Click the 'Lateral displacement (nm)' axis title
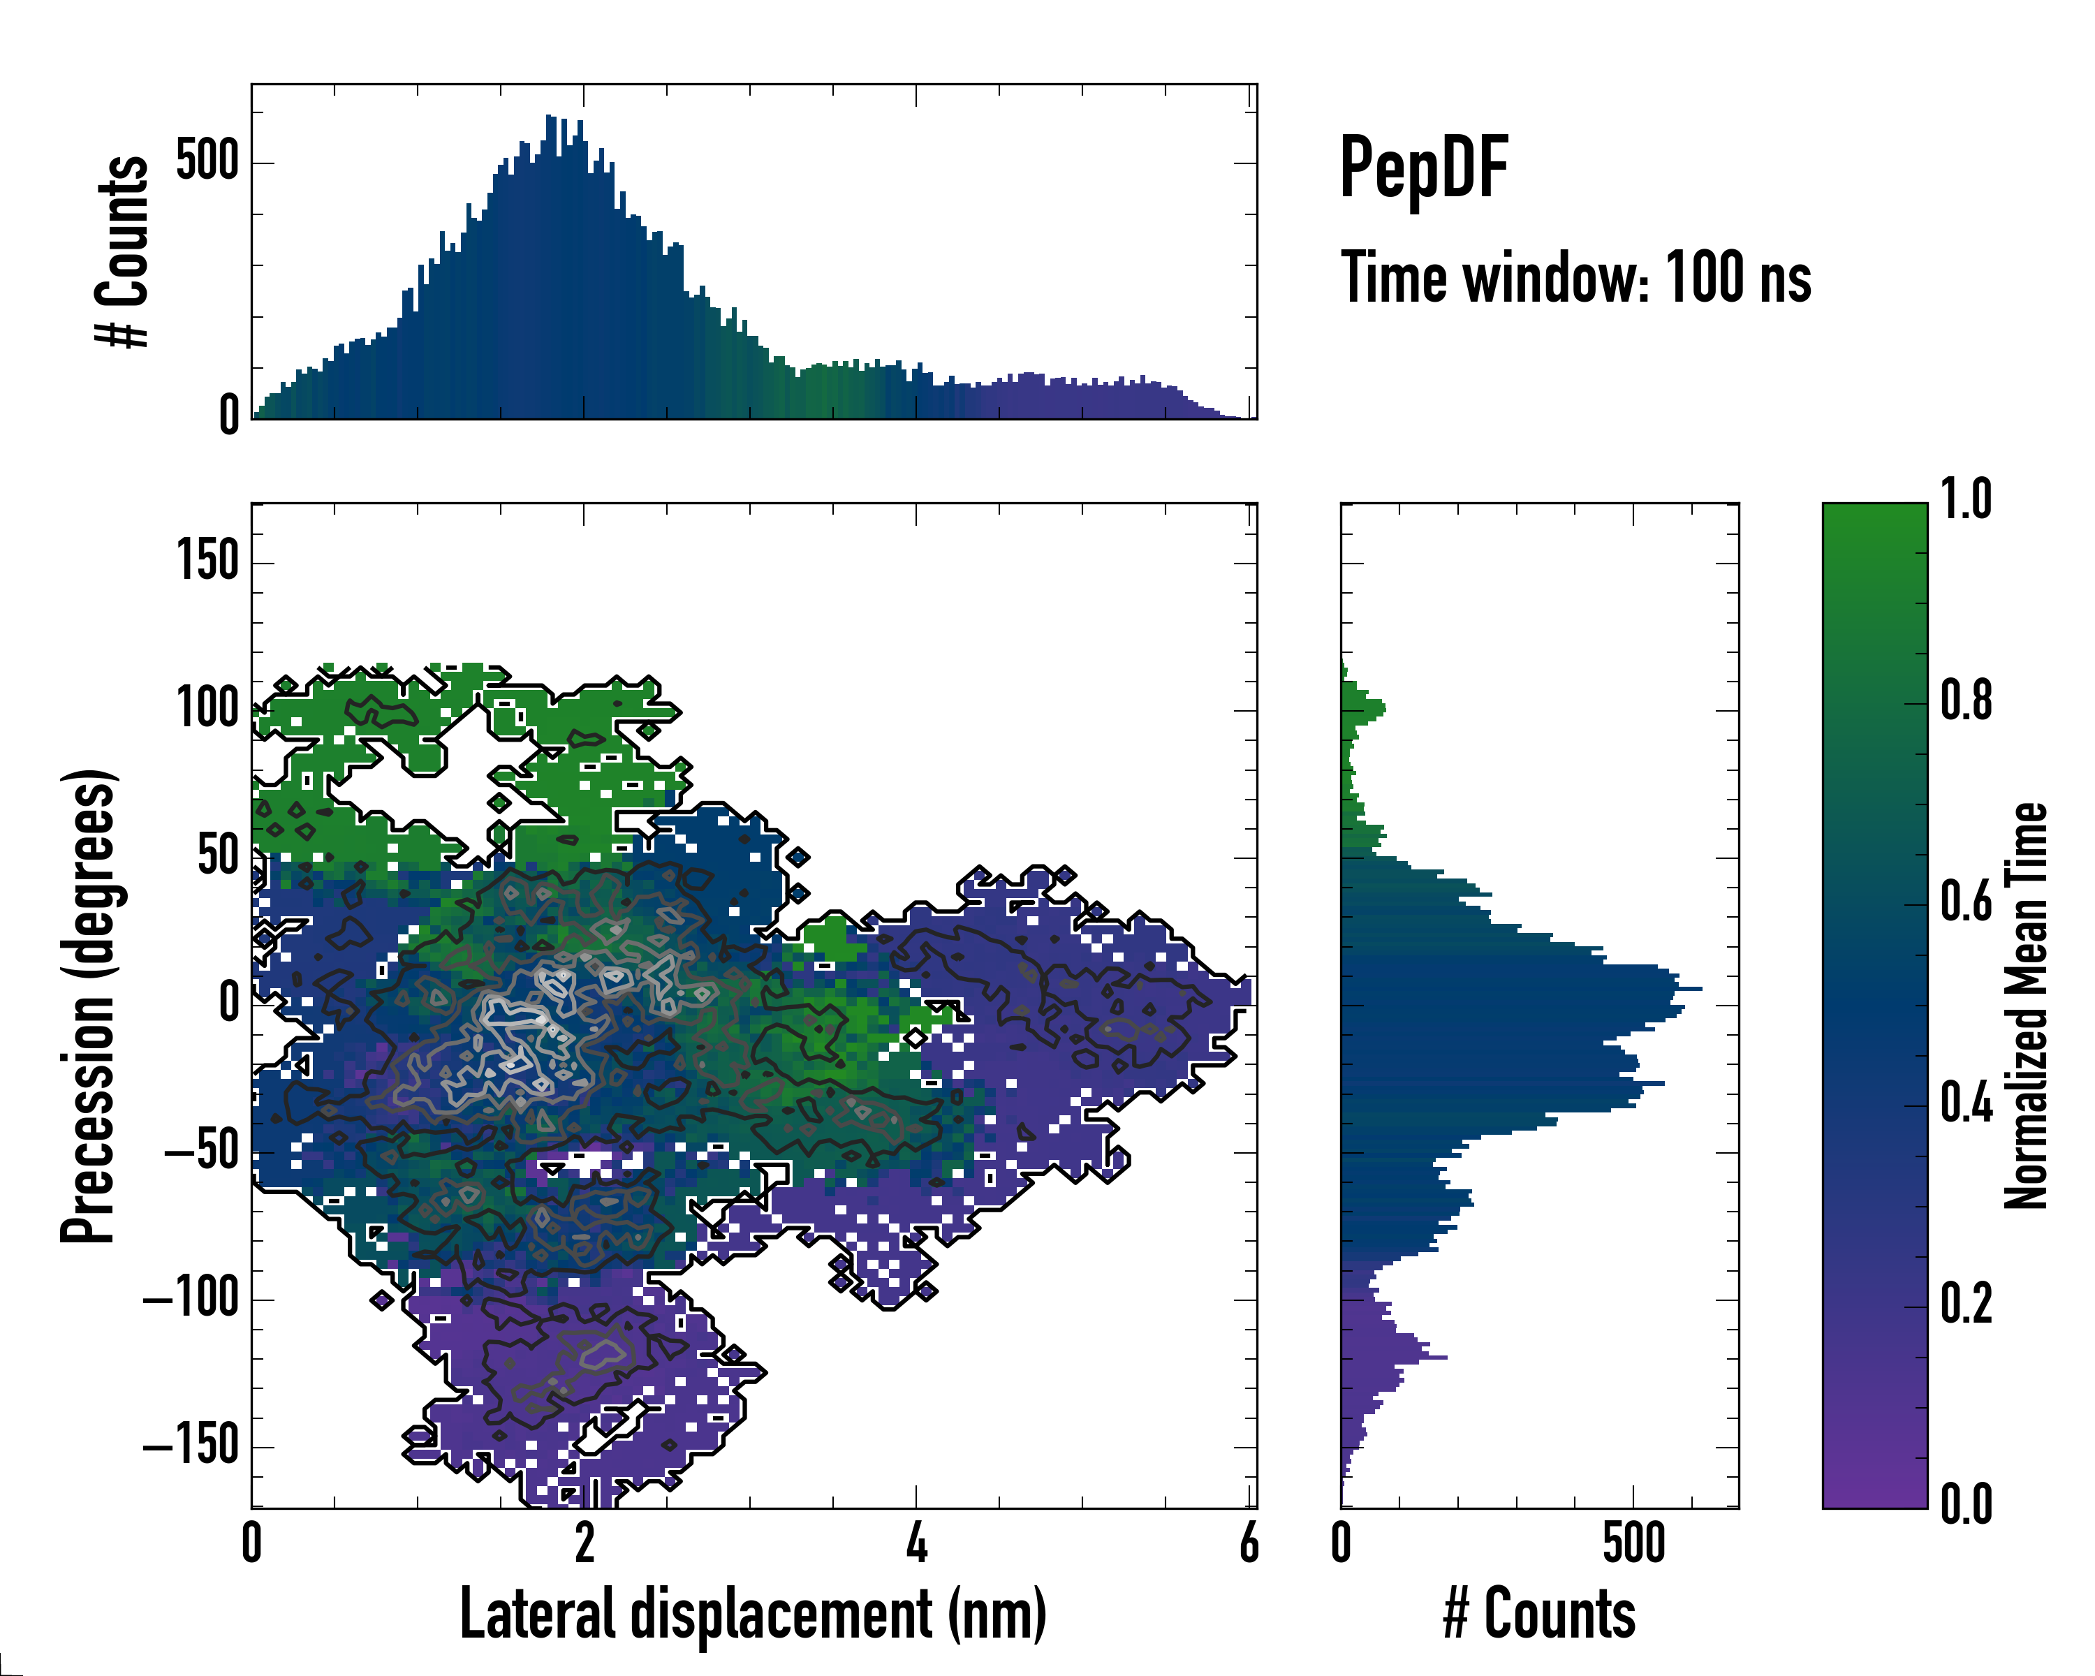(753, 1614)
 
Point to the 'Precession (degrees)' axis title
(89, 1005)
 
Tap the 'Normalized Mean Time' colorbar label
(2027, 1006)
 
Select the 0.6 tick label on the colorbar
(1966, 902)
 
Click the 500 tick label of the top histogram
(207, 161)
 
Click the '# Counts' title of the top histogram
(122, 251)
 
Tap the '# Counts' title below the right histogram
(1539, 1614)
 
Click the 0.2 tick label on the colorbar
(1966, 1304)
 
